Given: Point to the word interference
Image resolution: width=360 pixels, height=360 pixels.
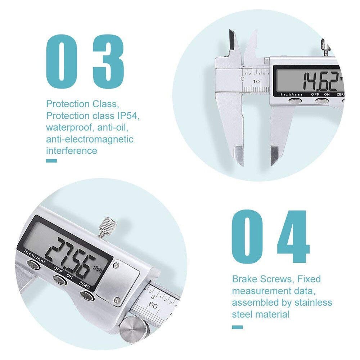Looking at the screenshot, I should pos(71,150).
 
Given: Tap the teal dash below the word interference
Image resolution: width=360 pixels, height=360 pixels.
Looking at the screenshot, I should pos(51,161).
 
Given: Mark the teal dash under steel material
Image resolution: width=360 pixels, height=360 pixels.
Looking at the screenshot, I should pos(237,327).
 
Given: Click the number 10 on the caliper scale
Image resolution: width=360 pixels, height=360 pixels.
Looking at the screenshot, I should pos(256,81).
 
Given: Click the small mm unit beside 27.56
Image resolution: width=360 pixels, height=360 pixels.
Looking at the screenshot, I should pos(97,268).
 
